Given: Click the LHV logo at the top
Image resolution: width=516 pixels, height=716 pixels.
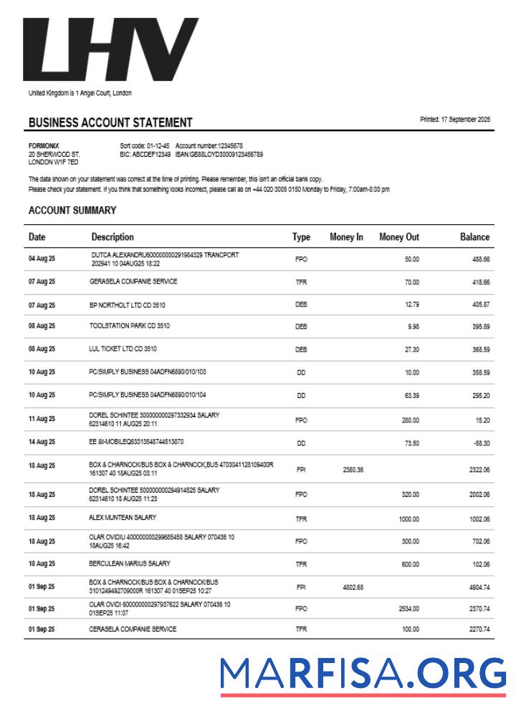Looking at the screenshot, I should click(111, 50).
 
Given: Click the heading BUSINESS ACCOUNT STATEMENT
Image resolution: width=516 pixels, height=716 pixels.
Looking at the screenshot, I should click(110, 122).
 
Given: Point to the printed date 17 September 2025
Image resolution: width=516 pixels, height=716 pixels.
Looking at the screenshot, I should click(455, 120).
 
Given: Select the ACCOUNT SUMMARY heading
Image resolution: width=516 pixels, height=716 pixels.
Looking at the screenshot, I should click(72, 211).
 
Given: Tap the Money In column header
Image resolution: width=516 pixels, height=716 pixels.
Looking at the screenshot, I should click(346, 237).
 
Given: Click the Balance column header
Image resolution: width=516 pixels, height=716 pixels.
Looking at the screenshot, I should click(474, 237).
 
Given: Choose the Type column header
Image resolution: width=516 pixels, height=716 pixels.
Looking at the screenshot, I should click(301, 237).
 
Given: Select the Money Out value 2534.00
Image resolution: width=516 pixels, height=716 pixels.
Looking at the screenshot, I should click(408, 609).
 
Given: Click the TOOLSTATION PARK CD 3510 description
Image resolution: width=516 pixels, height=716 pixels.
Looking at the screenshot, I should click(130, 326).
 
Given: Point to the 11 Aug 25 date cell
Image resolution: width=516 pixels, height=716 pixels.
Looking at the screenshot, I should click(42, 420).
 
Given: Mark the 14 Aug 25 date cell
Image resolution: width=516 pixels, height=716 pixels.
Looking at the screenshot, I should click(42, 442).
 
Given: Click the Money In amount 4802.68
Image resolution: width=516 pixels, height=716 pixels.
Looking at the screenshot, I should click(353, 587).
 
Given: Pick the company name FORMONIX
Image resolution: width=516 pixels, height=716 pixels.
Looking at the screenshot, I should click(44, 145).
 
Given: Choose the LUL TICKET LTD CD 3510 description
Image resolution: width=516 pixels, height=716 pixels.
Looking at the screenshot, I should click(123, 349).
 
